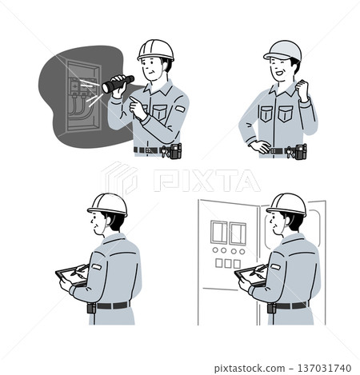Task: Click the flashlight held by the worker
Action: (x=118, y=84)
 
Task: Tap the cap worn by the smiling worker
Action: (x=283, y=50)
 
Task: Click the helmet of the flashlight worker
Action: (x=156, y=50)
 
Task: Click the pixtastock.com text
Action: (x=250, y=369)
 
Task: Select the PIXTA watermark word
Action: (x=206, y=181)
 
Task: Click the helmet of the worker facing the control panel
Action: (x=286, y=205)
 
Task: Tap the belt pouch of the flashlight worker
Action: (x=176, y=151)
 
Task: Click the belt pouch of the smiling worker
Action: (x=301, y=152)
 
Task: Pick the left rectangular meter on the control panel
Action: (x=218, y=232)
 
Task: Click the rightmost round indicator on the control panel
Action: (x=242, y=251)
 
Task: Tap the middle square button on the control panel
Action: (x=228, y=264)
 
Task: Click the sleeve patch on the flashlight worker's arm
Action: (x=180, y=109)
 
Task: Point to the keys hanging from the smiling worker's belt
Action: (x=290, y=153)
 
